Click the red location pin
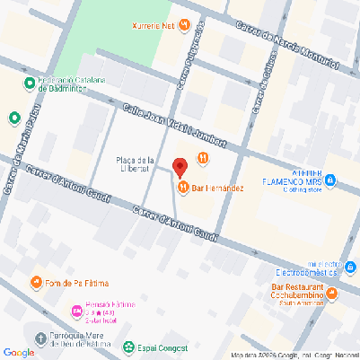point(179,167)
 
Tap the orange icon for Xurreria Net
point(184,26)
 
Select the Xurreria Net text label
point(152,26)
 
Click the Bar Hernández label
point(218,188)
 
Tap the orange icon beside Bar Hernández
point(184,188)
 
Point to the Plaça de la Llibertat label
point(136,165)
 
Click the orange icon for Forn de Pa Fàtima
point(37,283)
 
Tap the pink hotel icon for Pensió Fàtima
point(76,311)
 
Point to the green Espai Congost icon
point(128,345)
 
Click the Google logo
point(18,351)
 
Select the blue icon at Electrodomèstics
point(347,268)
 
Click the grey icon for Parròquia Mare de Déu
point(40,338)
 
